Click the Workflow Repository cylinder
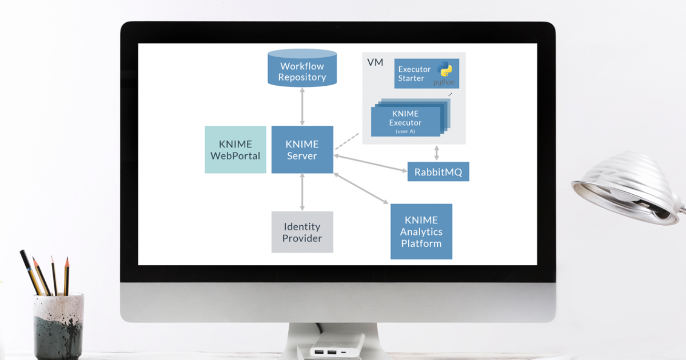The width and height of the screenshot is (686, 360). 302,69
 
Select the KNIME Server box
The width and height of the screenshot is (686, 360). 302,150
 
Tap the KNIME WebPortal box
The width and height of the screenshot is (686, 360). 235,150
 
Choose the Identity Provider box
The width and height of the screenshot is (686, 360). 302,232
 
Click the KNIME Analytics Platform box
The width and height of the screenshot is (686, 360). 421,231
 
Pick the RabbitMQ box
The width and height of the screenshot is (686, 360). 438,171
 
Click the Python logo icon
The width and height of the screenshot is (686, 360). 445,70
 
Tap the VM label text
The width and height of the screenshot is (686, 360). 375,62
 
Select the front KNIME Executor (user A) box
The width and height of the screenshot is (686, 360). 405,122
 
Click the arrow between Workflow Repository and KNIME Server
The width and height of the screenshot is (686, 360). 302,107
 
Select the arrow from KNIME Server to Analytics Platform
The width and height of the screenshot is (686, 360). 361,189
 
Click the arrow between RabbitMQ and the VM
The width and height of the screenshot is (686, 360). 436,153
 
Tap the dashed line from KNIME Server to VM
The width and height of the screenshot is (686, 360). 347,141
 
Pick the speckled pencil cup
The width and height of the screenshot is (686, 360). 59,326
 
